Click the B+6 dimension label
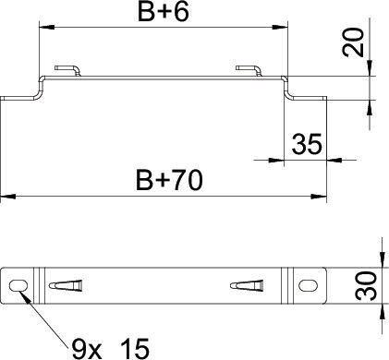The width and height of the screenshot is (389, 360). [x=163, y=12]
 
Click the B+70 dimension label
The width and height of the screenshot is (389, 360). [x=169, y=180]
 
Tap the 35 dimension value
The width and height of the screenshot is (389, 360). [x=307, y=144]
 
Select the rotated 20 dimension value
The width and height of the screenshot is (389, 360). [x=353, y=42]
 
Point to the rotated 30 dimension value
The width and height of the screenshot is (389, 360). [x=366, y=285]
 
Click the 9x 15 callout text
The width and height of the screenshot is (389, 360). [x=110, y=349]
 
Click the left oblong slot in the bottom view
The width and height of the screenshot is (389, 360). [x=18, y=286]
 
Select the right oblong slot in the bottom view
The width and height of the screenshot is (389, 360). [x=309, y=286]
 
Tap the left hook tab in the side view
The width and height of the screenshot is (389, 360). [x=67, y=70]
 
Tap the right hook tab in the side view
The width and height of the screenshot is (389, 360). [x=249, y=70]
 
